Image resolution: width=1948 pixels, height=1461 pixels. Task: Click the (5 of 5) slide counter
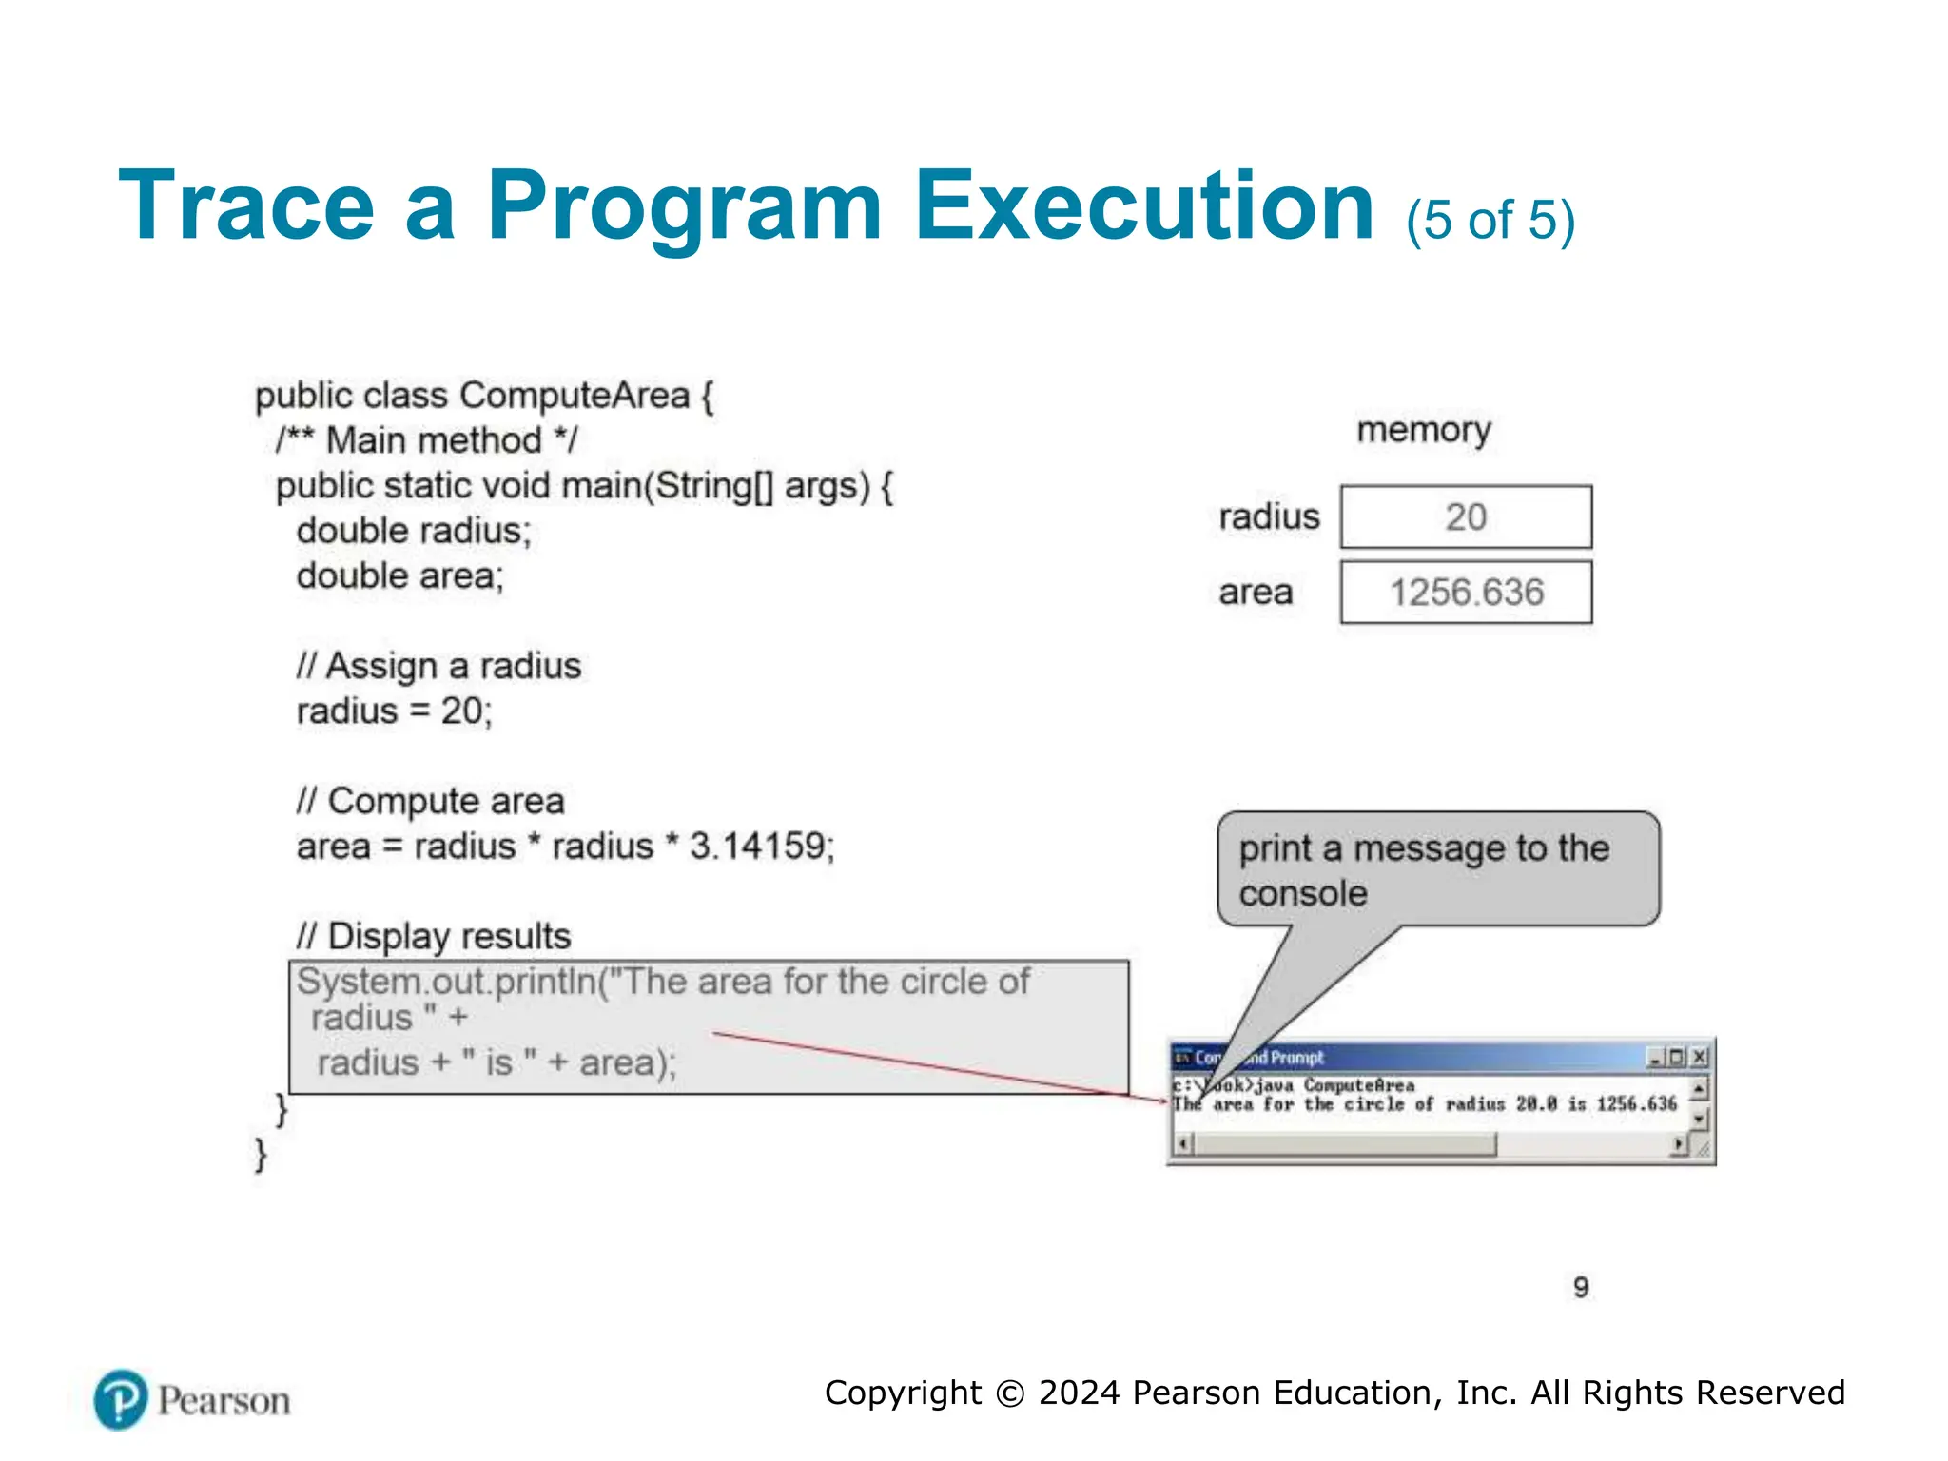click(x=1490, y=221)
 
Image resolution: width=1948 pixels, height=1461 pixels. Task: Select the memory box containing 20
click(x=1466, y=517)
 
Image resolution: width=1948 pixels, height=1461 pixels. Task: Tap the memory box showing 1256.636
click(x=1466, y=593)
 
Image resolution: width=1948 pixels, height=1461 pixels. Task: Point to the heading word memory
click(x=1423, y=431)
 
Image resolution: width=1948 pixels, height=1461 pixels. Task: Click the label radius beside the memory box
click(x=1269, y=517)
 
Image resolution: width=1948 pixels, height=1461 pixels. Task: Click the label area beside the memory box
click(x=1256, y=593)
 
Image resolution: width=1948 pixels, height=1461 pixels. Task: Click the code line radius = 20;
click(x=394, y=711)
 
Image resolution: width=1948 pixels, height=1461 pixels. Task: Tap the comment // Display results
click(x=433, y=937)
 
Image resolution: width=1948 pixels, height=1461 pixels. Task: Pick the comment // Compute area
click(x=430, y=801)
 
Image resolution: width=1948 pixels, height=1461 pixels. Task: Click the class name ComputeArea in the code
click(x=575, y=396)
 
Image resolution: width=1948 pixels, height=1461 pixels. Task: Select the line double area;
click(x=399, y=575)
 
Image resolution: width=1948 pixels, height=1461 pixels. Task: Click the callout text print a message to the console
click(x=1424, y=869)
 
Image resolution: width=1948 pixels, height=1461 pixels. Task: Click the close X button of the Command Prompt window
click(x=1700, y=1057)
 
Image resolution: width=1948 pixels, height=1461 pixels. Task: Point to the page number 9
click(x=1581, y=1288)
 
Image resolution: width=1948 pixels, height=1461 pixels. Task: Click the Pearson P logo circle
click(x=121, y=1399)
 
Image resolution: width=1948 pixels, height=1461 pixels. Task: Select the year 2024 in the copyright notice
click(x=1079, y=1393)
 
